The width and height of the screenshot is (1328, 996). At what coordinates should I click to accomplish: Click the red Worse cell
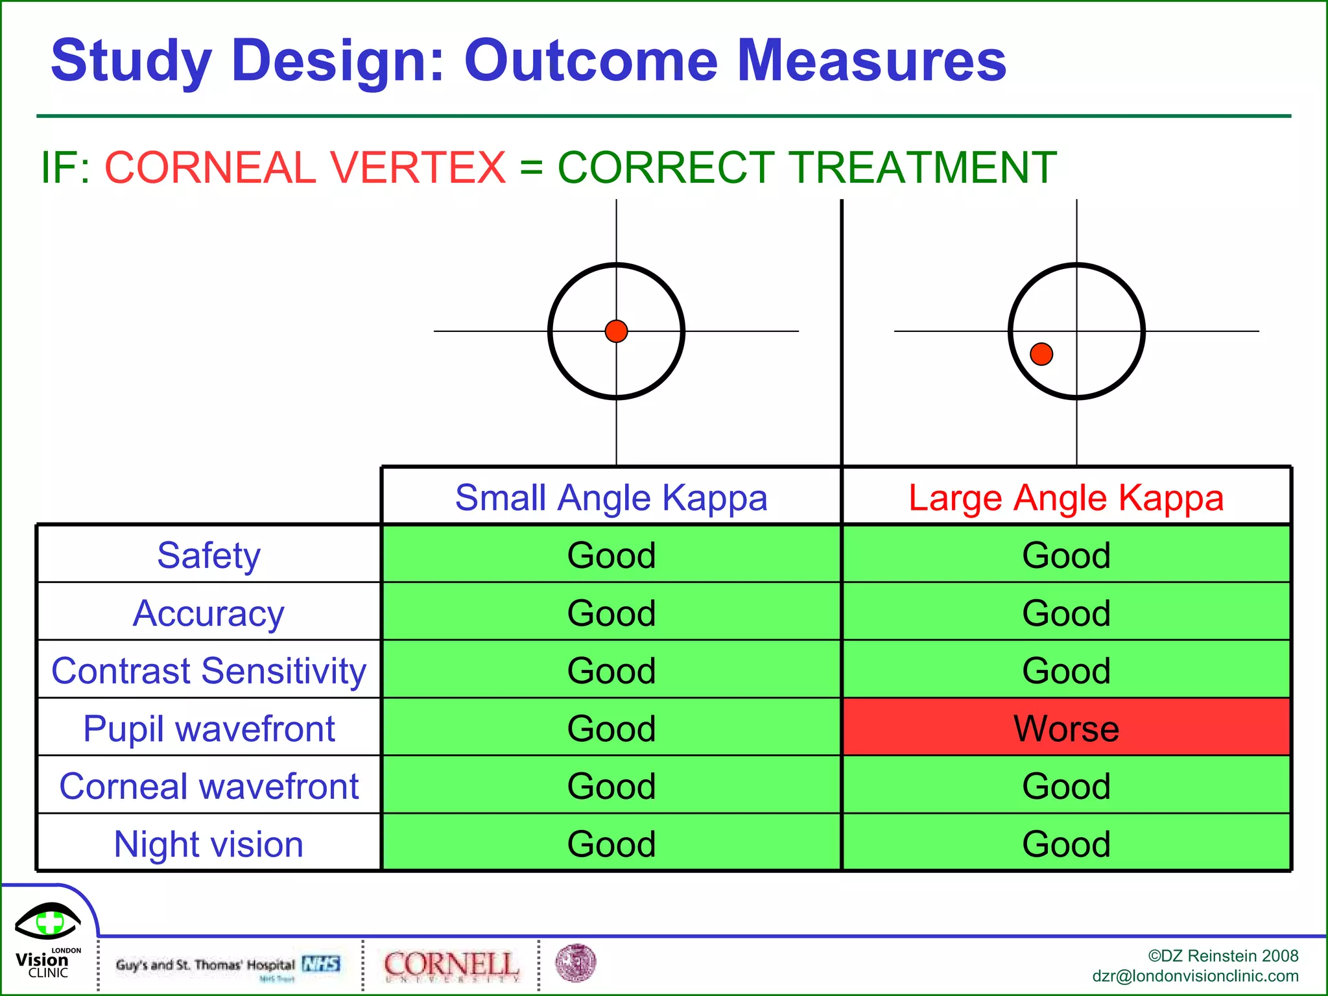point(1066,728)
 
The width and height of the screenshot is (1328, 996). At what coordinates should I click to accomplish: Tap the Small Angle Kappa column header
point(611,497)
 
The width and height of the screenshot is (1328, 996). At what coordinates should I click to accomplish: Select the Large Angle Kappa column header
point(1066,497)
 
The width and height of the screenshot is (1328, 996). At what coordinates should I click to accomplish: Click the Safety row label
point(209,555)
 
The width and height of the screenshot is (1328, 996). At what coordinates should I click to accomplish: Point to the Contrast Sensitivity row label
point(209,670)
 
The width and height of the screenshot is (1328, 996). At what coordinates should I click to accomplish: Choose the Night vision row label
point(209,844)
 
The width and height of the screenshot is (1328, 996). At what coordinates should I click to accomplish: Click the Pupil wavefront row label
point(209,728)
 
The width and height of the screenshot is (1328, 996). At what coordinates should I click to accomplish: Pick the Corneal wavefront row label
point(209,786)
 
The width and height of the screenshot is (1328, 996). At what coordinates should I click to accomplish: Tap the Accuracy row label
point(209,613)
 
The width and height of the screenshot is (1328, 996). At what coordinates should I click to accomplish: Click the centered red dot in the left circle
point(616,331)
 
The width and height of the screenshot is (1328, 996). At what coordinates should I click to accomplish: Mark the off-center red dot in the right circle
point(1041,354)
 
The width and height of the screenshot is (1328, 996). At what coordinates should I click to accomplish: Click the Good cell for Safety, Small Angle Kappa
point(611,555)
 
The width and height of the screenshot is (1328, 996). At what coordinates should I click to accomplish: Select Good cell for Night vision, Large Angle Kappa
point(1066,844)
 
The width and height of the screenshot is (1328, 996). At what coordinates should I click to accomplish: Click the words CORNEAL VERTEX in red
point(305,167)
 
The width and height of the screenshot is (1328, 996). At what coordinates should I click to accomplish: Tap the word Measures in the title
point(871,60)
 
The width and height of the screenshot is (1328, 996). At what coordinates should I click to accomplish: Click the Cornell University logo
point(451,965)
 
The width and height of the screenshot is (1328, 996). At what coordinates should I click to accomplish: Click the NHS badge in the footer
point(321,964)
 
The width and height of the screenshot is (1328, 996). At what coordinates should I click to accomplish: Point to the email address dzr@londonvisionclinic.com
point(1195,976)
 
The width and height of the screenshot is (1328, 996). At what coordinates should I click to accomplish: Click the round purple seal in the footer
point(576,962)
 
